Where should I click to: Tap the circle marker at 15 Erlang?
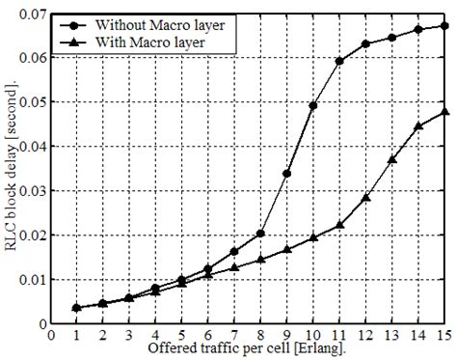pyautogui.click(x=444, y=26)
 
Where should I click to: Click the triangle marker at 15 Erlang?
pyautogui.click(x=444, y=112)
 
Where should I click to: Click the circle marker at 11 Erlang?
pyautogui.click(x=338, y=61)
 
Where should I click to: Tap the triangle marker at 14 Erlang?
pyautogui.click(x=417, y=126)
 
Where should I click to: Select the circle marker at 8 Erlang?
pyautogui.click(x=260, y=234)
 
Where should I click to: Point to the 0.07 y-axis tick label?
pyautogui.click(x=31, y=14)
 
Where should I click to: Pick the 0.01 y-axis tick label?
pyautogui.click(x=31, y=279)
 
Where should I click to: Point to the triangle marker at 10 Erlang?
pyautogui.click(x=312, y=237)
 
